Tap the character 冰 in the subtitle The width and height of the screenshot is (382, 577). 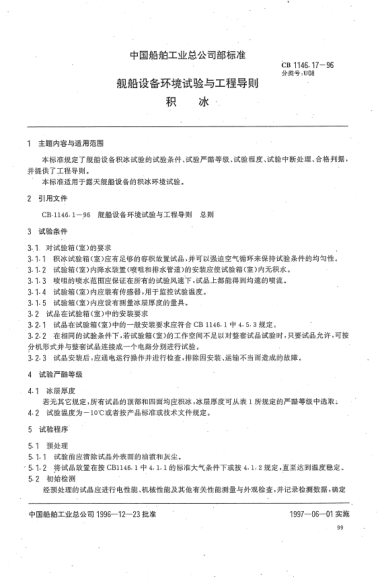click(205, 104)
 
